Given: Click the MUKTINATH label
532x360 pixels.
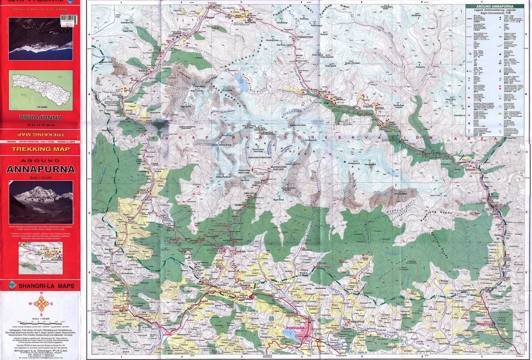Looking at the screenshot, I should (236, 22).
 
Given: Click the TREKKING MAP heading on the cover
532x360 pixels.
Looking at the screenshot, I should (40, 150).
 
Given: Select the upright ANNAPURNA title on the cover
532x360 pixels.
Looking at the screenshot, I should (40, 169).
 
